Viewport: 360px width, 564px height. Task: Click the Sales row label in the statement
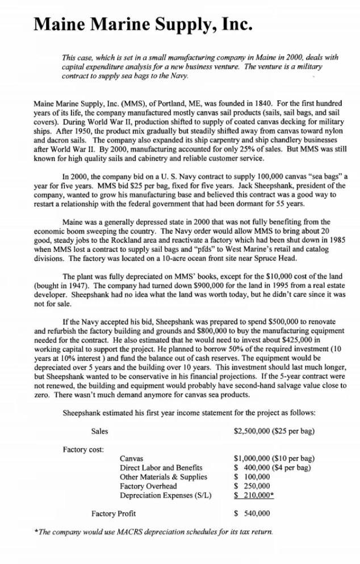coord(99,431)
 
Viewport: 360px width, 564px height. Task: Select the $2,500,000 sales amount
coord(254,431)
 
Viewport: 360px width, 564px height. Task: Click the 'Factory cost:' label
coord(83,450)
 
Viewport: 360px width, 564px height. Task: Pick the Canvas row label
coord(131,458)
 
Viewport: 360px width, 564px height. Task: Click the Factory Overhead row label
coord(148,486)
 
